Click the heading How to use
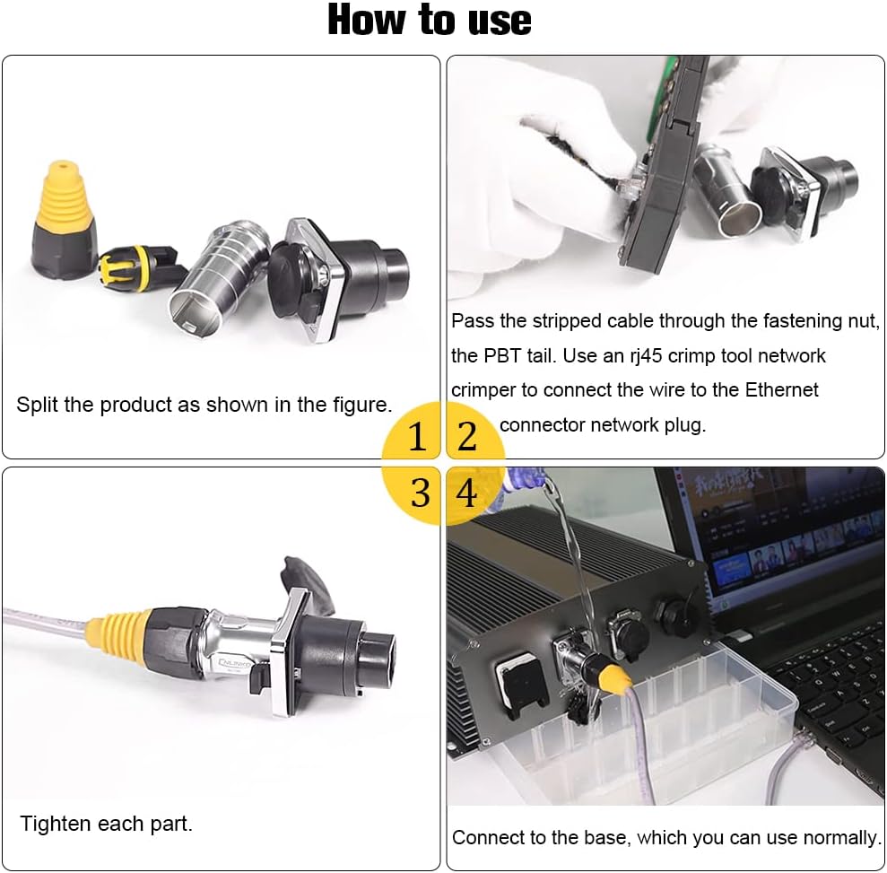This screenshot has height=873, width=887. (430, 21)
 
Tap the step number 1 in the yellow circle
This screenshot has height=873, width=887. (417, 437)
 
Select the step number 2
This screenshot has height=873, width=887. (467, 437)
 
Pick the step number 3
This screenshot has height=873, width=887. (420, 493)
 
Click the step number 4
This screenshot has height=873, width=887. (467, 493)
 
